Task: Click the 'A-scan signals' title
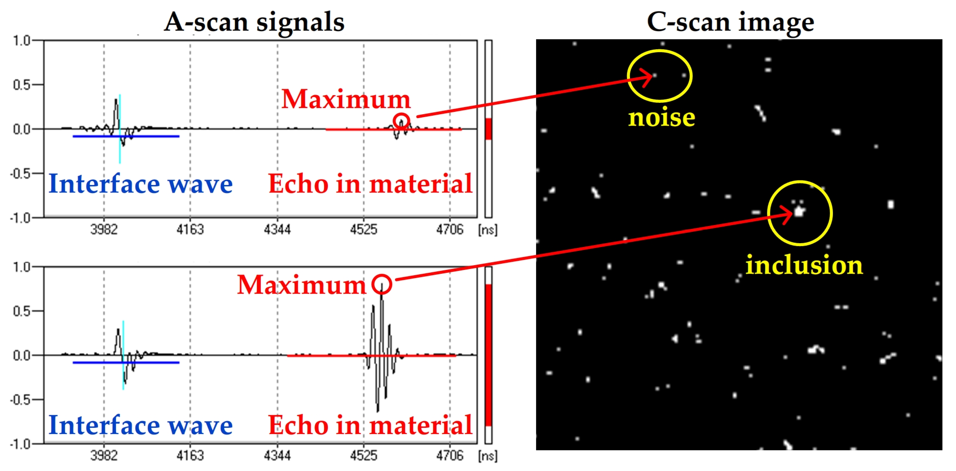(x=254, y=22)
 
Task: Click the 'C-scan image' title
(x=730, y=22)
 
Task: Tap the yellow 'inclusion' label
(x=804, y=265)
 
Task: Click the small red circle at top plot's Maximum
(x=401, y=121)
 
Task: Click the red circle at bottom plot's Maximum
(x=382, y=284)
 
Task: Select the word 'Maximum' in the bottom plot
(x=302, y=285)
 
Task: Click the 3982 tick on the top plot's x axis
(x=104, y=229)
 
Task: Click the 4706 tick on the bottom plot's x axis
(x=450, y=455)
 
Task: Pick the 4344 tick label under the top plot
(x=277, y=229)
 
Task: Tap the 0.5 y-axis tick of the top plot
(x=22, y=85)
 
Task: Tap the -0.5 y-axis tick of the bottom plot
(x=21, y=400)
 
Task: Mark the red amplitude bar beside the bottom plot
(x=488, y=355)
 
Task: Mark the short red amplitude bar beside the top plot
(x=488, y=129)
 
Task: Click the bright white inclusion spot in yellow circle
(x=799, y=212)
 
